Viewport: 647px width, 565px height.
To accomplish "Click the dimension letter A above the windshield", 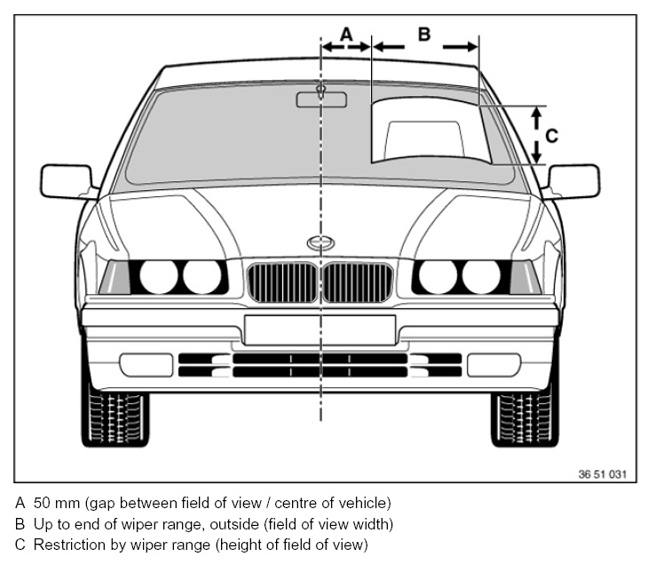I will pos(346,32).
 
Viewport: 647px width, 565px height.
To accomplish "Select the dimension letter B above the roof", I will pos(424,34).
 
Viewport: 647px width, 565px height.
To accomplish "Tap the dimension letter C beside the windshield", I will pos(551,136).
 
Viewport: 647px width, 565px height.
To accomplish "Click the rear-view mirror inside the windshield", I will pos(321,98).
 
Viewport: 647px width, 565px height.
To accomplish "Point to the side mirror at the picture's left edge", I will pos(66,181).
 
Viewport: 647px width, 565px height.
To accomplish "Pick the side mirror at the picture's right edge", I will pos(573,181).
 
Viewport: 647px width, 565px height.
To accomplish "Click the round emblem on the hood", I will pos(320,243).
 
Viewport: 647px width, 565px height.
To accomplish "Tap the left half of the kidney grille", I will pos(282,282).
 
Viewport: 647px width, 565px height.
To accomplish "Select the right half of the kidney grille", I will pos(358,282).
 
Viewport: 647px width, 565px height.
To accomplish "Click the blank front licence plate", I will pos(320,330).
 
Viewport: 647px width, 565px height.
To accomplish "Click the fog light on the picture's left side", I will pos(146,364).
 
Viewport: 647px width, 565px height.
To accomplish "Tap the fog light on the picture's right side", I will pos(493,364).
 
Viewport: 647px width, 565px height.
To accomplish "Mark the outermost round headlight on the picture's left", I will pos(159,276).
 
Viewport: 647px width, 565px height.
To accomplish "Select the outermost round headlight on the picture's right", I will pos(481,276).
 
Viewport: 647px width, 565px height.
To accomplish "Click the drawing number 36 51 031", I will pos(602,474).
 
